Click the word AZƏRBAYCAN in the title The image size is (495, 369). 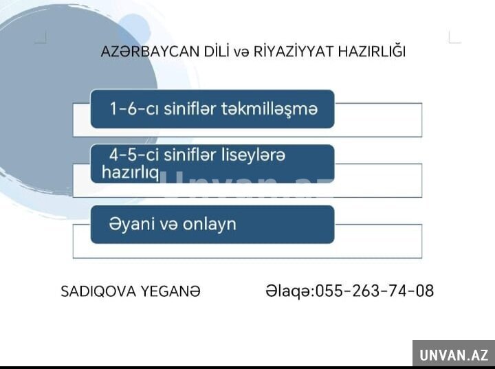pos(150,52)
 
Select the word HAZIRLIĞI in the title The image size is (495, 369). pos(371,52)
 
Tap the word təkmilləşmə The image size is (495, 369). pos(269,109)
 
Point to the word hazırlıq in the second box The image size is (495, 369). pos(131,172)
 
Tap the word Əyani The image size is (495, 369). pos(131,225)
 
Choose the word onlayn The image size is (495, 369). pos(209,225)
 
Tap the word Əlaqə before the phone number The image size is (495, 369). pos(288,291)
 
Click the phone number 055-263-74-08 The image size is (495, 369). pos(375,291)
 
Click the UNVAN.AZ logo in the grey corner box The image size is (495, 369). pos(454,355)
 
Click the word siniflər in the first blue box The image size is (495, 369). pos(190,109)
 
